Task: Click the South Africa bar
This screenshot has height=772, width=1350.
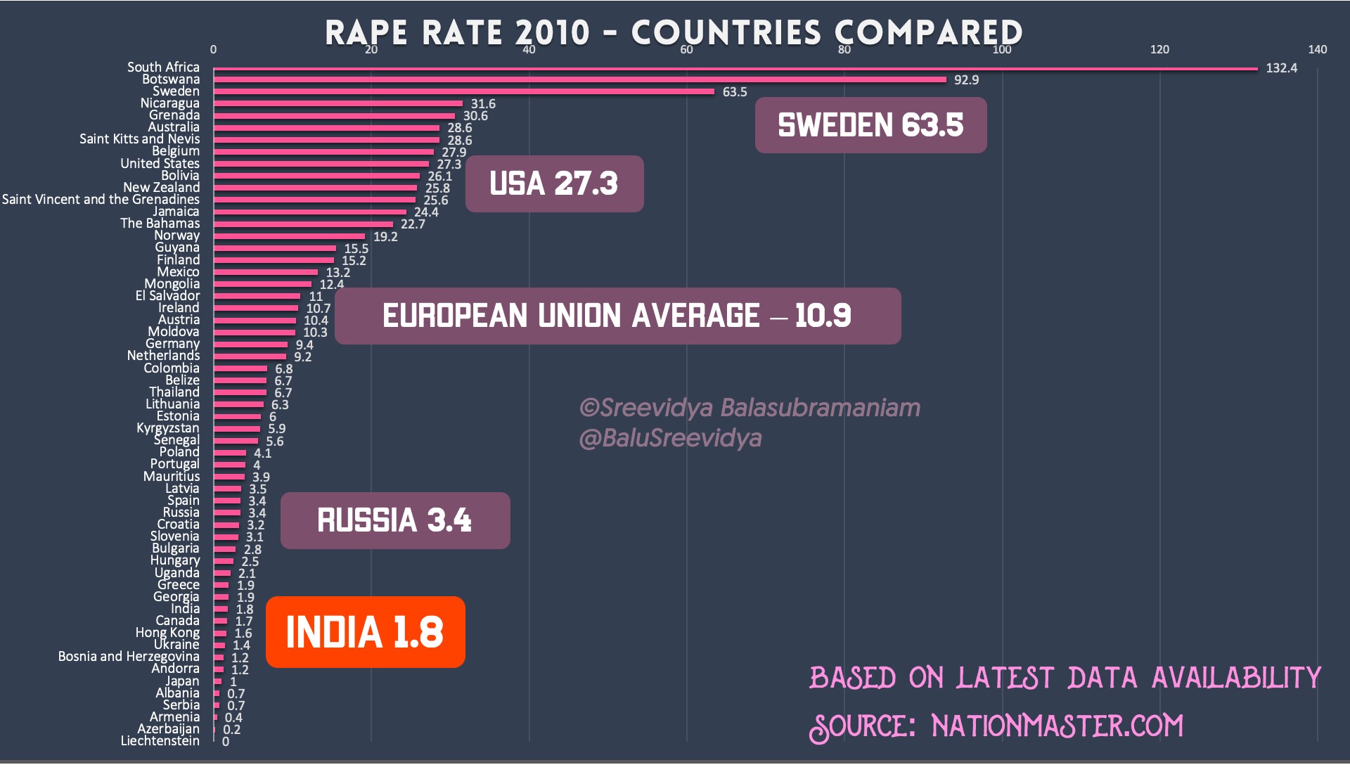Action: point(735,69)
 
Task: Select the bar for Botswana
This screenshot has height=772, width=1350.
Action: point(580,80)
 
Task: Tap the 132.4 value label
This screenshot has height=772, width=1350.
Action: point(1281,68)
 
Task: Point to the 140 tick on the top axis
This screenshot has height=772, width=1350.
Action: point(1317,49)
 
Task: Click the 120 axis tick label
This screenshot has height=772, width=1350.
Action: point(1159,49)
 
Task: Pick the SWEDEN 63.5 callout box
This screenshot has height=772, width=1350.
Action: point(870,125)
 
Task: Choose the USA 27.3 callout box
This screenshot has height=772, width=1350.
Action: point(554,184)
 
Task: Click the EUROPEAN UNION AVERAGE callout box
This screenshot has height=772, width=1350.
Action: point(617,316)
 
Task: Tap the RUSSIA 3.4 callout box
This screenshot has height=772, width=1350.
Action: point(394,520)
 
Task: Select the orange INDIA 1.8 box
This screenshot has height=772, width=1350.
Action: point(365,631)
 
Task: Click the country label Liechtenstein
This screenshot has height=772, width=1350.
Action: point(160,741)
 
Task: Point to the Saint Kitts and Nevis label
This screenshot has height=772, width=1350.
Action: point(139,139)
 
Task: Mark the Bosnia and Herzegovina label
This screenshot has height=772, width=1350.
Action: point(129,657)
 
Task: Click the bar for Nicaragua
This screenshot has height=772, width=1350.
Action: point(338,104)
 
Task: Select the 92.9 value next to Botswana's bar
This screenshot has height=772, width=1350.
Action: point(966,80)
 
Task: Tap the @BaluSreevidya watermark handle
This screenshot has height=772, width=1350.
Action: point(670,438)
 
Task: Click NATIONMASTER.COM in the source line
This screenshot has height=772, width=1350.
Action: point(1057,726)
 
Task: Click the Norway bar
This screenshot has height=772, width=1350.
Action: point(289,236)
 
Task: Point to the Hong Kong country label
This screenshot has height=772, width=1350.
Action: point(167,633)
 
